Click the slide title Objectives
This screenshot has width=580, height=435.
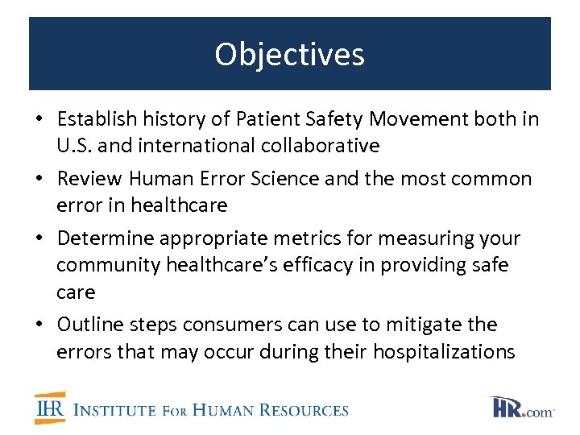click(289, 55)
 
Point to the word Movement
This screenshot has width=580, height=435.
click(386, 120)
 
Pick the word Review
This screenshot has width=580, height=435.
click(88, 179)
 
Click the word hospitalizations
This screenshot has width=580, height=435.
click(437, 351)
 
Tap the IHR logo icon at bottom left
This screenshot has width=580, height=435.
click(50, 408)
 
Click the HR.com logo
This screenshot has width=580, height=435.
click(521, 408)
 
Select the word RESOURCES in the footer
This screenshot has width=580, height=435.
click(305, 410)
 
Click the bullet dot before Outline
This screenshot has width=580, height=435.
click(40, 325)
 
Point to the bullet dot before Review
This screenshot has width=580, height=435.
click(40, 180)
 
